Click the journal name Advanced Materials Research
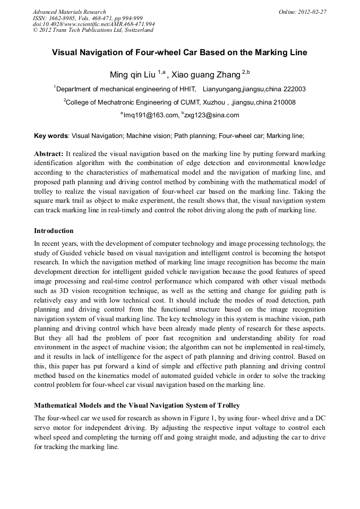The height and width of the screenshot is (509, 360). point(69,12)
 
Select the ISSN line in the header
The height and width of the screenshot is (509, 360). point(88,18)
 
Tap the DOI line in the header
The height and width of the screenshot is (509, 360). point(93,24)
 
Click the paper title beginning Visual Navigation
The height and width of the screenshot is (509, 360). point(179,53)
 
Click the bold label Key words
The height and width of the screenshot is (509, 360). point(51,136)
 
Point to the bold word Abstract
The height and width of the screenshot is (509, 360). point(49,153)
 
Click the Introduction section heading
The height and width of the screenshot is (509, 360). point(54,231)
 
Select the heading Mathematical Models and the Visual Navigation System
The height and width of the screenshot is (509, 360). point(137,406)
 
